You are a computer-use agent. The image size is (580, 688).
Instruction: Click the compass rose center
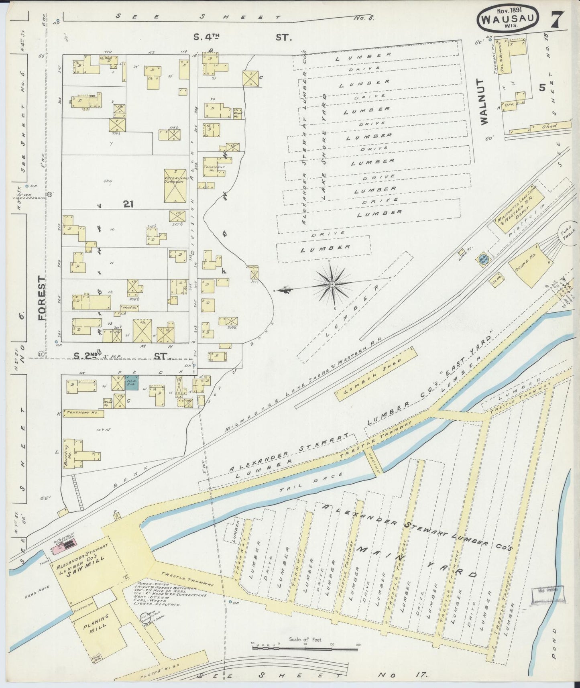click(332, 284)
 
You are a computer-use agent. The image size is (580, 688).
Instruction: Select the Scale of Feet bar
click(305, 645)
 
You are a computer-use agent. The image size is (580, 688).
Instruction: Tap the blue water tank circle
click(483, 261)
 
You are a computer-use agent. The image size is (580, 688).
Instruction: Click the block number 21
click(128, 204)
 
